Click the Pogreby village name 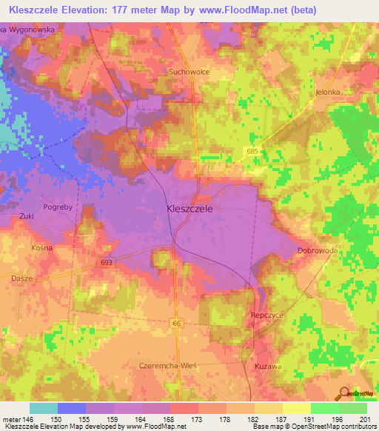58,207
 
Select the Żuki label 27,216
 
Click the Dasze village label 22,278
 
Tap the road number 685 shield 253,150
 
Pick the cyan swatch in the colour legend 44,408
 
